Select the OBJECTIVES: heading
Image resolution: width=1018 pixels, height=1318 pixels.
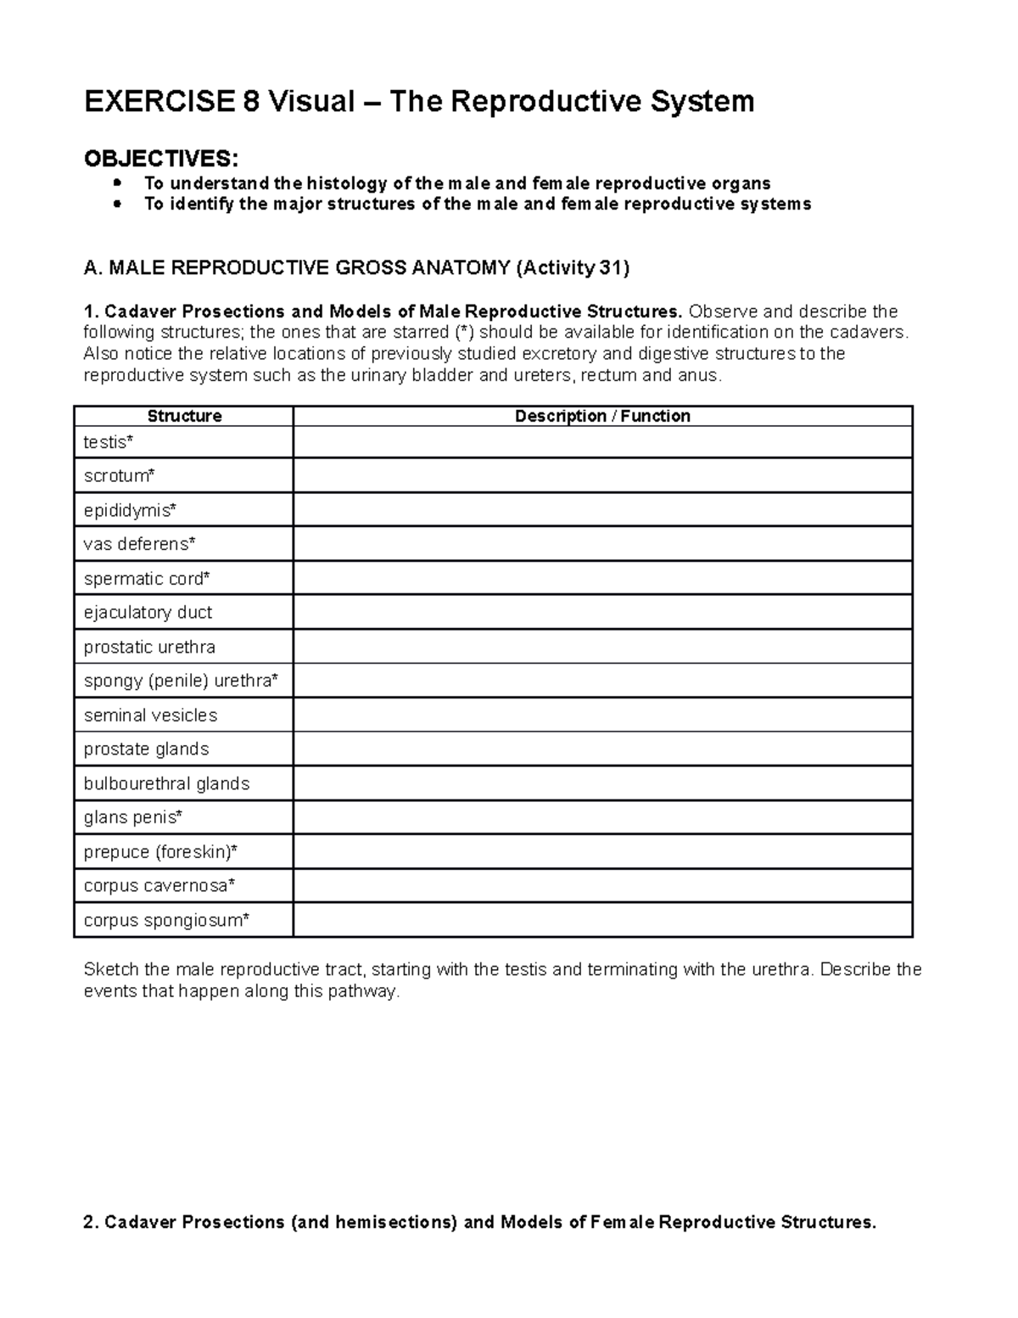(161, 158)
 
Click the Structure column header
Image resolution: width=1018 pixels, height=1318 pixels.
(184, 416)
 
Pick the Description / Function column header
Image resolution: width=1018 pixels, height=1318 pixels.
(602, 416)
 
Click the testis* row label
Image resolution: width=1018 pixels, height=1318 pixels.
(109, 442)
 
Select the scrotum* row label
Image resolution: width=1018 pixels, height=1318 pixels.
(120, 476)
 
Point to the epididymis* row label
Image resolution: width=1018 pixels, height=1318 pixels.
(130, 510)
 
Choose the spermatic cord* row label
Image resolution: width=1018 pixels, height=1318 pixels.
(147, 579)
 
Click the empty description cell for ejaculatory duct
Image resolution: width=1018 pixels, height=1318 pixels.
(602, 613)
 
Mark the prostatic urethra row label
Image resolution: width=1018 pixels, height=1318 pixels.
(149, 647)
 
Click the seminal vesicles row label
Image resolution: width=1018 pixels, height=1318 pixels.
(150, 715)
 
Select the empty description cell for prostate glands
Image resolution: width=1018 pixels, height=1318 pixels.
(602, 749)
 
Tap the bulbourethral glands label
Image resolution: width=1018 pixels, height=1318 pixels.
(166, 783)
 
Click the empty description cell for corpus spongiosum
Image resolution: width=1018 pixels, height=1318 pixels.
(602, 920)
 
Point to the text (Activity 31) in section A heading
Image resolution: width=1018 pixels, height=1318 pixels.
(573, 268)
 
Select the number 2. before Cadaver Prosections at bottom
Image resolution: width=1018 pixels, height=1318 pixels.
(91, 1222)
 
